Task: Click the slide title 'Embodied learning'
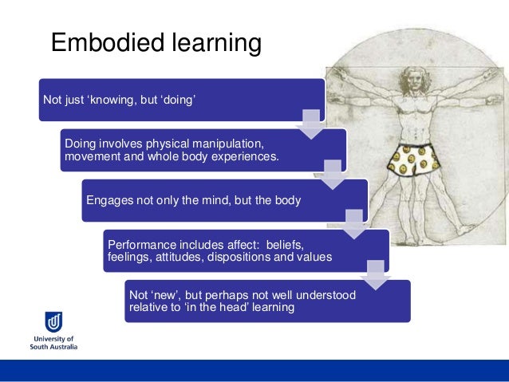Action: pos(156,43)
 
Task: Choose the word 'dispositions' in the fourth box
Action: pos(261,257)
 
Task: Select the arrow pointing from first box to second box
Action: pos(310,124)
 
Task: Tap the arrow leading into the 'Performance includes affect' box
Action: pos(353,224)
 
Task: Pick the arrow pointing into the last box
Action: pos(375,274)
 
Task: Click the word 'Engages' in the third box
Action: pos(109,200)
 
